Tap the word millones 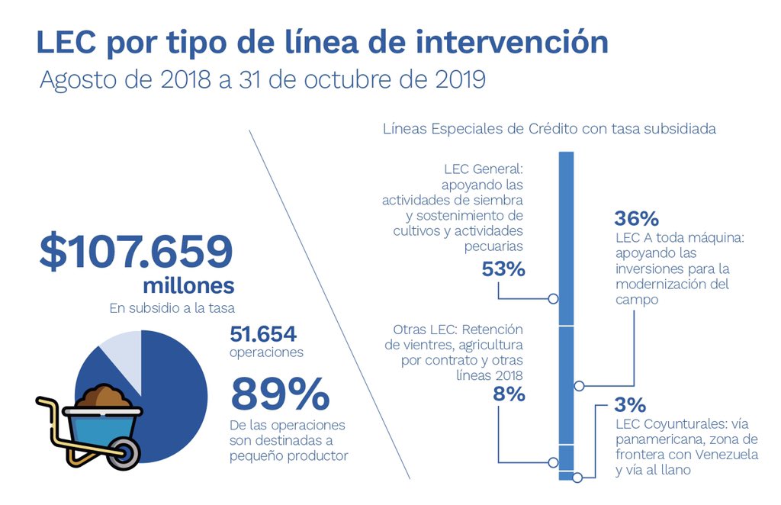(x=188, y=286)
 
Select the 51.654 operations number (x=263, y=334)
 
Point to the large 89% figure (x=280, y=394)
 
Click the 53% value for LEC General (x=503, y=269)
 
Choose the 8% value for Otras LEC (x=508, y=394)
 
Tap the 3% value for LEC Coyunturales (x=630, y=404)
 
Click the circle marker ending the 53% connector (x=553, y=299)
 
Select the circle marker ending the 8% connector (x=553, y=462)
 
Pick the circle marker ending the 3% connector (x=577, y=478)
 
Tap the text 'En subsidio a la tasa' (x=170, y=308)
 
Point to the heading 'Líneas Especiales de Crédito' (x=480, y=129)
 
